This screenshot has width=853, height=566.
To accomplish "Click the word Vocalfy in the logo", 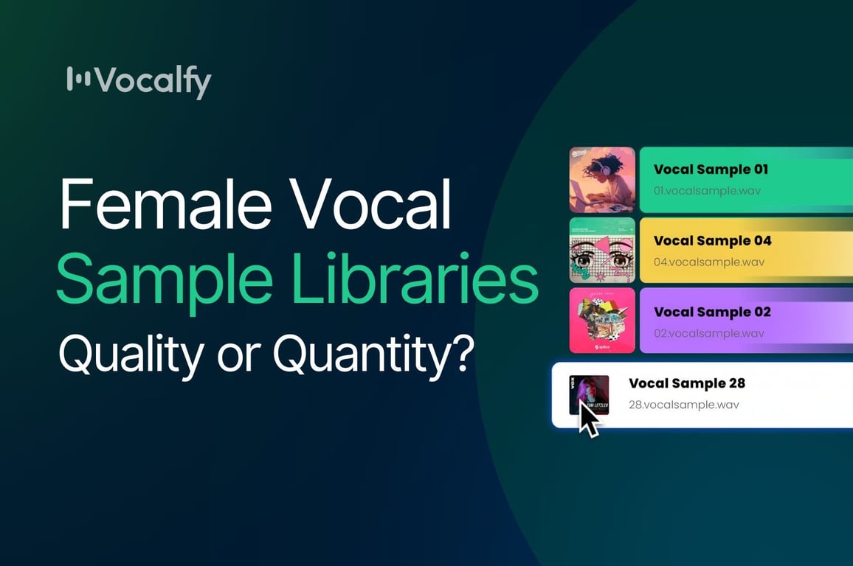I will point(153,81).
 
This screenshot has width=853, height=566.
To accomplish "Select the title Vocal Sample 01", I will point(711,170).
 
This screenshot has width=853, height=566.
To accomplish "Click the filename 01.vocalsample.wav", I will point(707,191).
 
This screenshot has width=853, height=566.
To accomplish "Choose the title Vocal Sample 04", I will point(712,240).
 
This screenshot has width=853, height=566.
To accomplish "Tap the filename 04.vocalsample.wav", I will point(708,262).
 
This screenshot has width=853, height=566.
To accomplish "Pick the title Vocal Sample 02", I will point(712,312).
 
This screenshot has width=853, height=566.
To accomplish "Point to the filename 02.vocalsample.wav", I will point(708,333).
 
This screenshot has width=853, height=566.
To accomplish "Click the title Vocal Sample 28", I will point(686,383).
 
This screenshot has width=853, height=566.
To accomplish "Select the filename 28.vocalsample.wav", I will point(683,405).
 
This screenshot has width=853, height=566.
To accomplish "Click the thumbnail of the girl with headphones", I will point(602,180).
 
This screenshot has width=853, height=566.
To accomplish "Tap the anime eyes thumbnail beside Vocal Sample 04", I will point(602,251).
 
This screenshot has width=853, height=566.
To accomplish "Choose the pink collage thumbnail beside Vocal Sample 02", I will point(602,321).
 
